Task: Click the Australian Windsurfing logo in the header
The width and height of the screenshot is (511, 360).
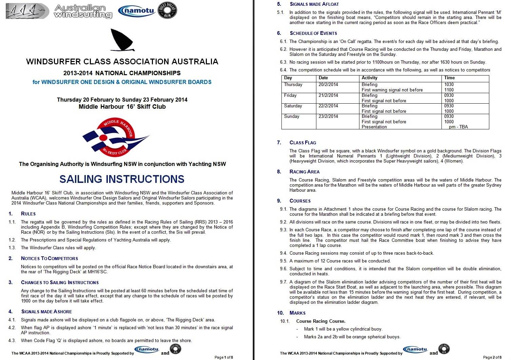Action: [83, 11]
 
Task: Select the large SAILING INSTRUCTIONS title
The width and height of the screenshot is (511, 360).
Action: [122, 179]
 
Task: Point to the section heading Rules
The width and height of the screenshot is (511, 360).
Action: [28, 214]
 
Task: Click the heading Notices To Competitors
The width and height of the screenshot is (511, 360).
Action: [50, 258]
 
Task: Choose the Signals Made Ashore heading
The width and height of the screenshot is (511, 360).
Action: [46, 312]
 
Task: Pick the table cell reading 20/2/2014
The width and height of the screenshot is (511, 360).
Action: [328, 85]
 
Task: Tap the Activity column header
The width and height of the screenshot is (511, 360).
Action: [370, 78]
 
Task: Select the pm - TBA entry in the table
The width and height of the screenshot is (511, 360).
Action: [458, 127]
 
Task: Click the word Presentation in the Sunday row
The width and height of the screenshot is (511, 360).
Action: [374, 127]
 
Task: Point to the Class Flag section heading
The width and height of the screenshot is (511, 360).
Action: [303, 143]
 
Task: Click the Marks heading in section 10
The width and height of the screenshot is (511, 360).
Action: [297, 313]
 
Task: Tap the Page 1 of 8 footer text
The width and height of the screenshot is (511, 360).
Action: [224, 357]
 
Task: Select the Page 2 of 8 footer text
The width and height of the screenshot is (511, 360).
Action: [492, 357]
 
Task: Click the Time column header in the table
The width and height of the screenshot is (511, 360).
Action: [449, 78]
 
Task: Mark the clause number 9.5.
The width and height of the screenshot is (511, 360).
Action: [283, 261]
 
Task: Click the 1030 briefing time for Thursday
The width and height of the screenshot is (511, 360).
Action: [449, 85]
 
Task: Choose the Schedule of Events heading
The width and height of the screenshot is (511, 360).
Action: [313, 33]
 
